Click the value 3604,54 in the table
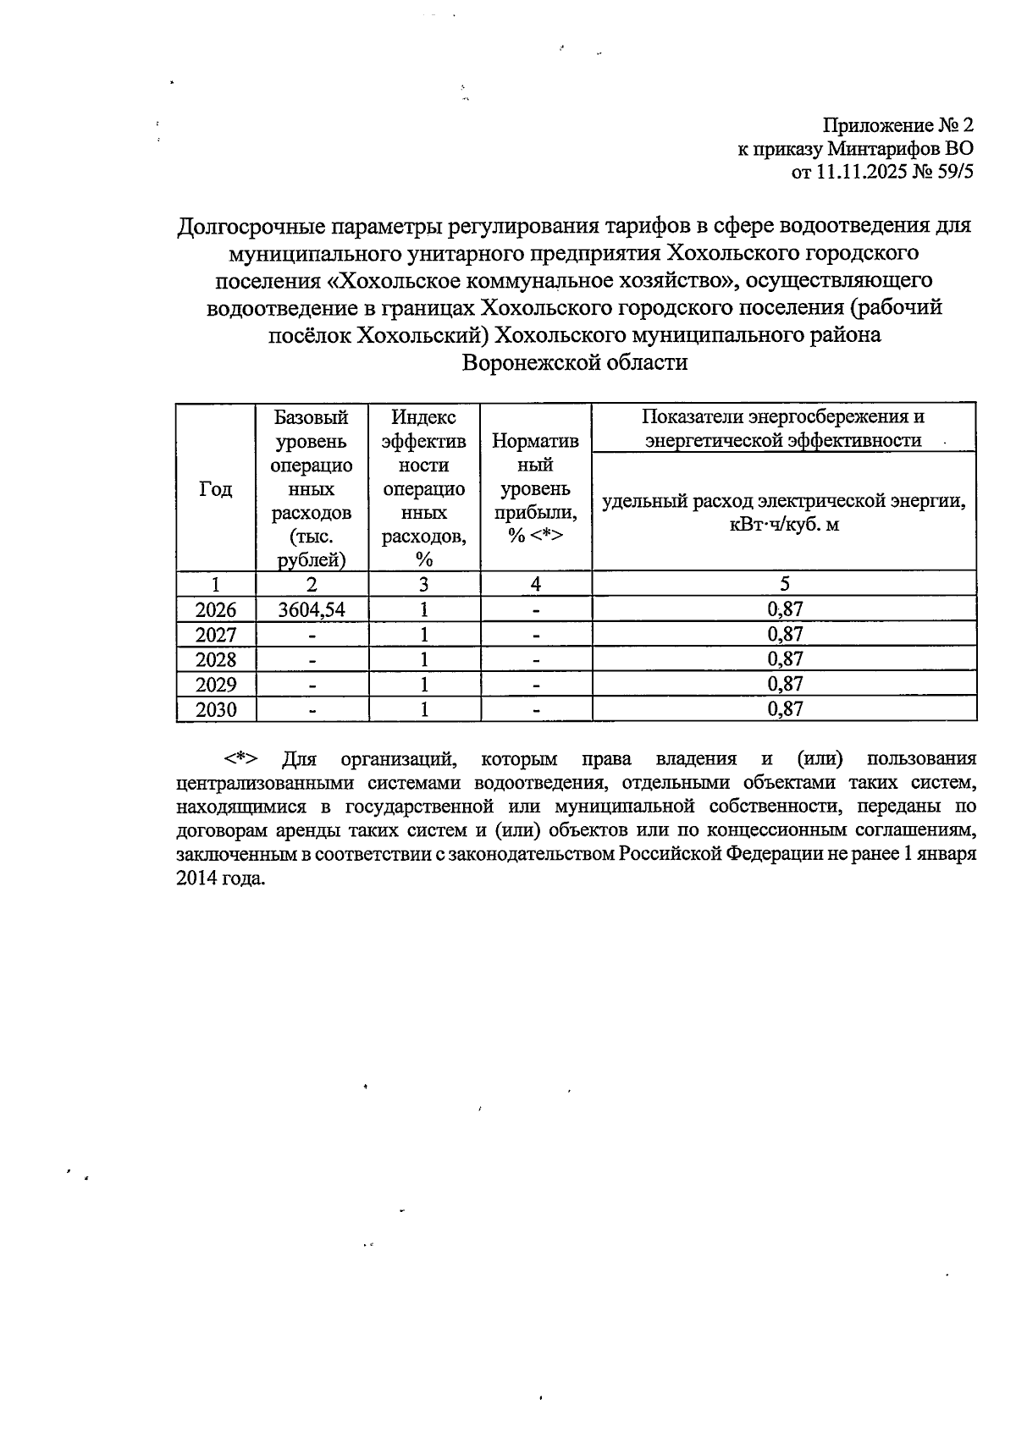[x=312, y=609]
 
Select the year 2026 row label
[x=215, y=610]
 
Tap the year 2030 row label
[x=215, y=709]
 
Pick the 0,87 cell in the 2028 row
[x=785, y=658]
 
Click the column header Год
[x=215, y=488]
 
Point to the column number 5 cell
[x=785, y=584]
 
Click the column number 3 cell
[x=423, y=584]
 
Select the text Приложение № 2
[x=898, y=126]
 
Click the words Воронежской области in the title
[x=575, y=363]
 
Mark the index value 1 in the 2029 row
[x=423, y=684]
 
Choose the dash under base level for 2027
[x=312, y=635]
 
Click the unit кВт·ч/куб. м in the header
[x=785, y=525]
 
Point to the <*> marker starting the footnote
[x=241, y=758]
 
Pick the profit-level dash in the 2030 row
[x=536, y=709]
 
